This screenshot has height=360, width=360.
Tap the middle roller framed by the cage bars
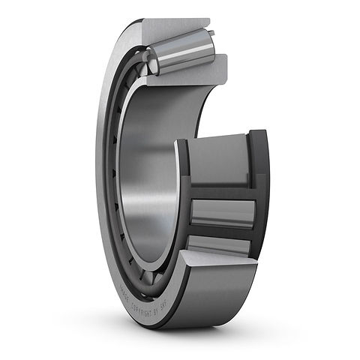coord(223,213)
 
